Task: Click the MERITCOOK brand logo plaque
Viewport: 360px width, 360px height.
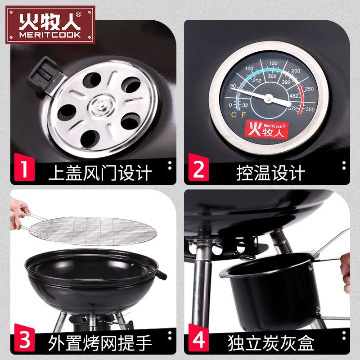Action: point(50,25)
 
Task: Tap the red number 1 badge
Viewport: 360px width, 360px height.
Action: point(25,167)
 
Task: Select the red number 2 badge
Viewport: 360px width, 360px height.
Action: point(198,167)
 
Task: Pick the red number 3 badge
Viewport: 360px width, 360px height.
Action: point(25,338)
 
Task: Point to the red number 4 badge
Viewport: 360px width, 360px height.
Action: point(198,338)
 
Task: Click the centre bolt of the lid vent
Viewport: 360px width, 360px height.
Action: point(100,105)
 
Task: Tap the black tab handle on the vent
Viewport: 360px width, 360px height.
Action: point(44,75)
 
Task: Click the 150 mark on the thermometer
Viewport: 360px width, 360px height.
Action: point(273,63)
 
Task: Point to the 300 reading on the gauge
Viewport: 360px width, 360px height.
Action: point(310,109)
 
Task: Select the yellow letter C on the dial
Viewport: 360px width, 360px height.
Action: point(234,115)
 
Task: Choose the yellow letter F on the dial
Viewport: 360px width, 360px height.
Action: point(243,115)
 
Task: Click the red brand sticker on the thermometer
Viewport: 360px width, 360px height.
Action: point(266,130)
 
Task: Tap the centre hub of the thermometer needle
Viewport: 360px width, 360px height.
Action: point(268,98)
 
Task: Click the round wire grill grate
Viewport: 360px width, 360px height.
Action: point(93,231)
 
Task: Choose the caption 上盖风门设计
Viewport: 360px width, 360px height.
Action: point(100,173)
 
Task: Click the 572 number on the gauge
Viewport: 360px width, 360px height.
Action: point(293,108)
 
